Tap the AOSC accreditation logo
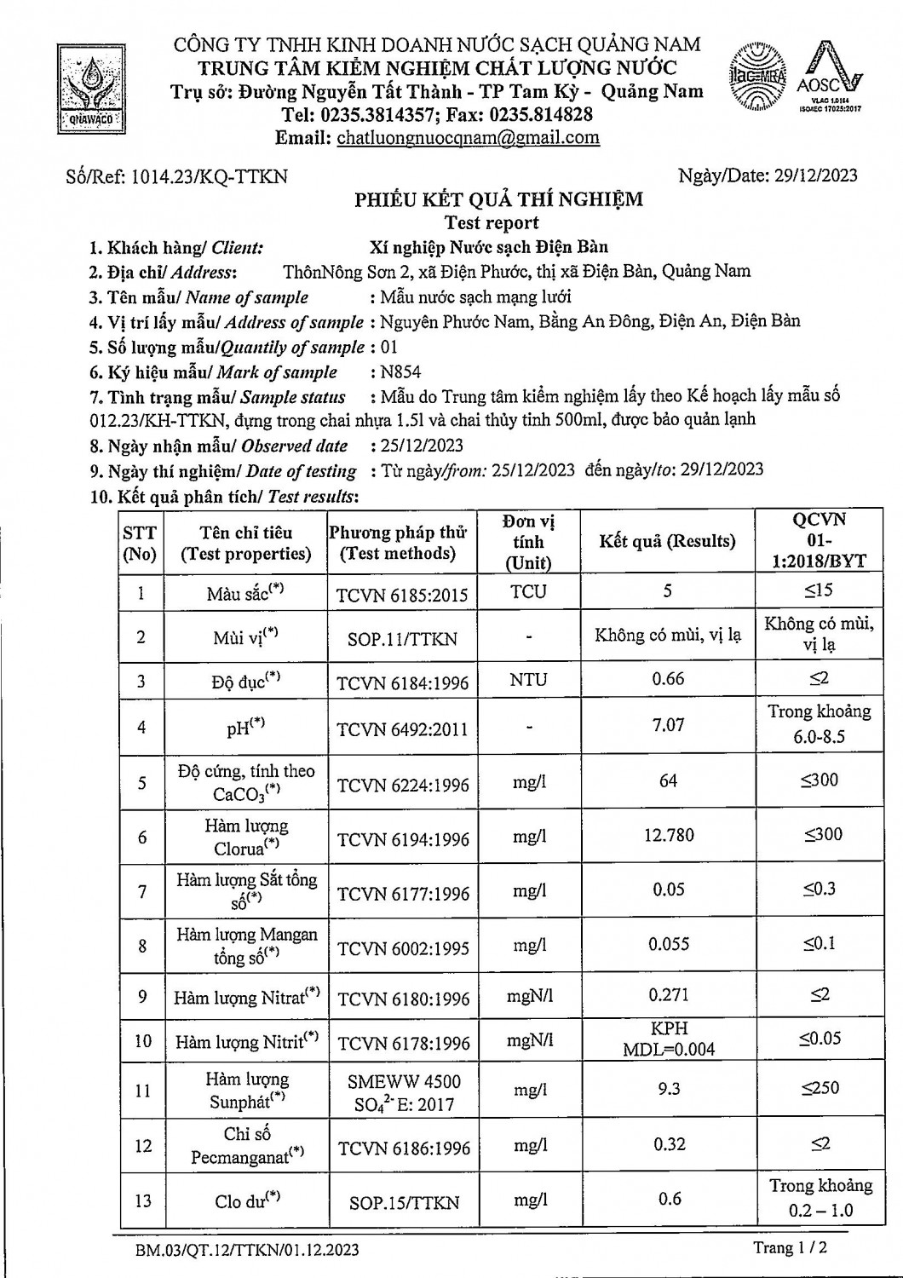point(829,79)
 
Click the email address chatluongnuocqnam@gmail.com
point(468,138)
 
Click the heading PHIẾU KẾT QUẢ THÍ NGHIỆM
point(498,200)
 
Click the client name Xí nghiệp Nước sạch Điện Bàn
point(489,248)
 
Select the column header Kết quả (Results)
point(667,541)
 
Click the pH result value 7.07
point(668,725)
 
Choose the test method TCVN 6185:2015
point(402,595)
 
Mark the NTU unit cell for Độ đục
point(528,680)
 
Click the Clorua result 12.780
point(669,835)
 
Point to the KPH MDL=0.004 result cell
point(669,1039)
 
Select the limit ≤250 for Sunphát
point(820,1088)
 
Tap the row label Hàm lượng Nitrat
point(246,997)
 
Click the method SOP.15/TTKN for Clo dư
point(404,1203)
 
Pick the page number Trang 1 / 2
point(790,1247)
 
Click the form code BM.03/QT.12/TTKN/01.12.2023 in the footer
point(247,1250)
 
